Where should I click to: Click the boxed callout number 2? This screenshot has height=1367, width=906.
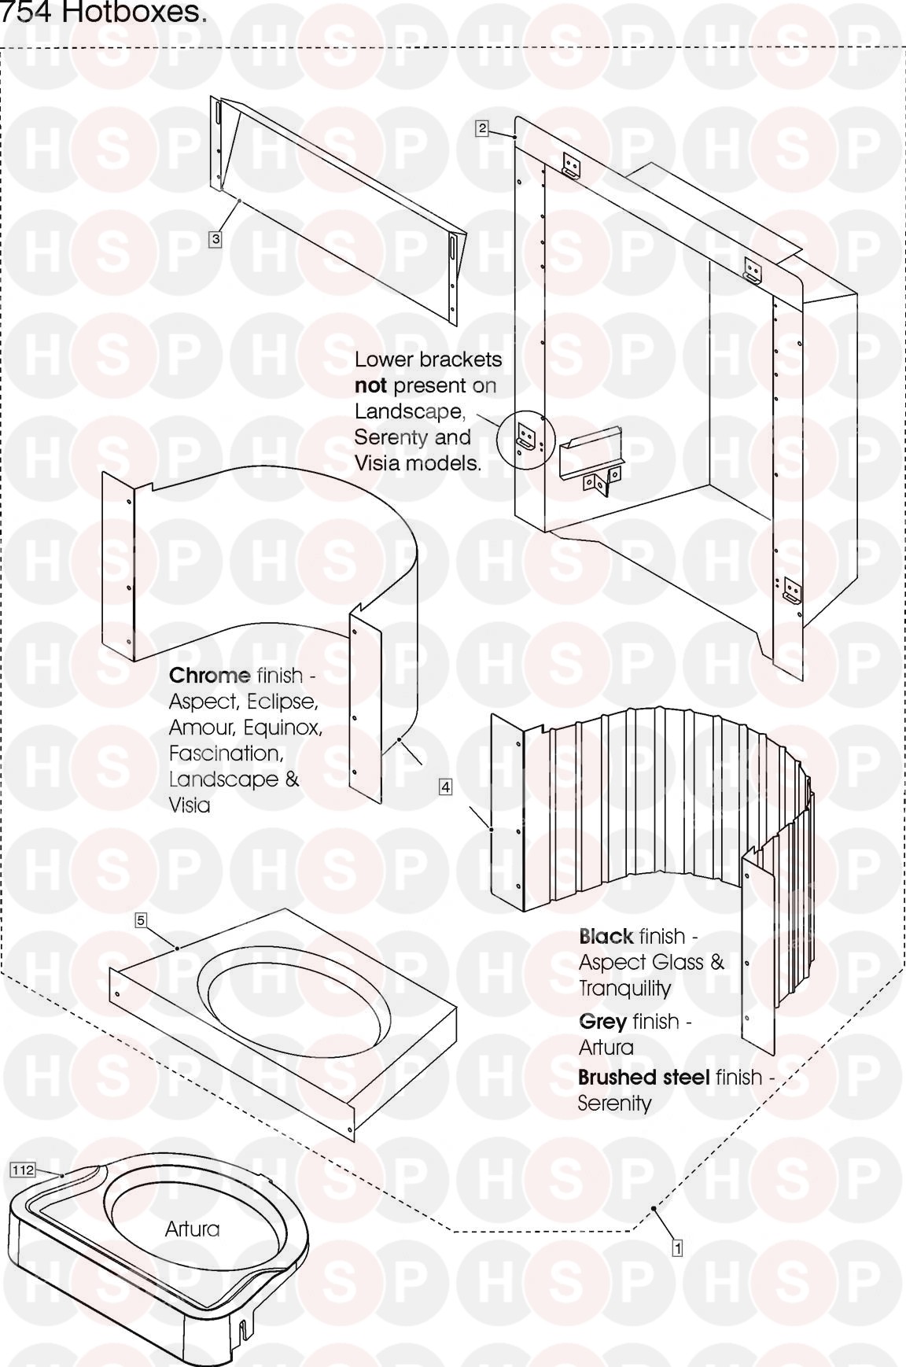pos(482,128)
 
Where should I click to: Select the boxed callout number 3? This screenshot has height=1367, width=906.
pos(215,238)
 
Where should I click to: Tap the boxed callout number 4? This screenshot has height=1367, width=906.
pos(445,787)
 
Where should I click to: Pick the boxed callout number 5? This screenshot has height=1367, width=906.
pos(141,920)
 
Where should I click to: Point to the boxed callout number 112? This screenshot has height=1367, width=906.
pos(23,1170)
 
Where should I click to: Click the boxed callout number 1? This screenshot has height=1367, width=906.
pos(676,1247)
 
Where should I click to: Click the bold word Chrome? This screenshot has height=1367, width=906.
pos(209,675)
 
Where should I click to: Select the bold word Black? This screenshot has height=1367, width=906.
pos(606,936)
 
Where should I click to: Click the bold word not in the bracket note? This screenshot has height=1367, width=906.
pos(370,385)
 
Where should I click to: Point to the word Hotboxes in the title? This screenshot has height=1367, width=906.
pos(138,13)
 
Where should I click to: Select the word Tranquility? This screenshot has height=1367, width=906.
pos(625,989)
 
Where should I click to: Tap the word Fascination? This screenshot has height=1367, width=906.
pos(226,753)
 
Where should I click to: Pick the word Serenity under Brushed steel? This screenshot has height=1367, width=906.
pos(615,1104)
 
